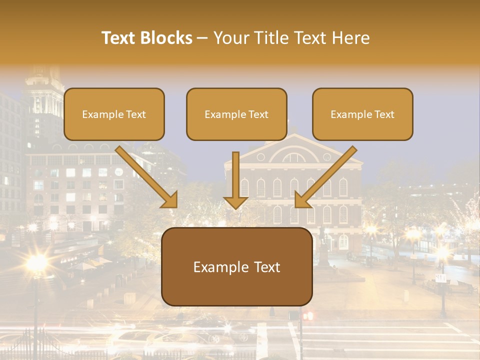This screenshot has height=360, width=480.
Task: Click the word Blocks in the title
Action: [x=166, y=38]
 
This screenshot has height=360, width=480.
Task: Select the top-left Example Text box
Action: [x=114, y=114]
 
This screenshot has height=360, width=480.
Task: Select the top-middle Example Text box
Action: [x=236, y=114]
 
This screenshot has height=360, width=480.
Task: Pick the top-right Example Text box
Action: [x=362, y=114]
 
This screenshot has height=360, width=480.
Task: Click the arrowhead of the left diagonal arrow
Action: [x=170, y=200]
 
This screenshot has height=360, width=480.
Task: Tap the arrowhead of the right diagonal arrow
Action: [x=302, y=200]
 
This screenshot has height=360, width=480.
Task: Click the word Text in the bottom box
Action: [x=264, y=267]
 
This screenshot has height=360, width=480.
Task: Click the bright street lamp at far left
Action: [x=36, y=262]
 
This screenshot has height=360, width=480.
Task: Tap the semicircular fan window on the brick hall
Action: [x=293, y=156]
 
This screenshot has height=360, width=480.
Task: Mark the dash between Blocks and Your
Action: [x=202, y=38]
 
